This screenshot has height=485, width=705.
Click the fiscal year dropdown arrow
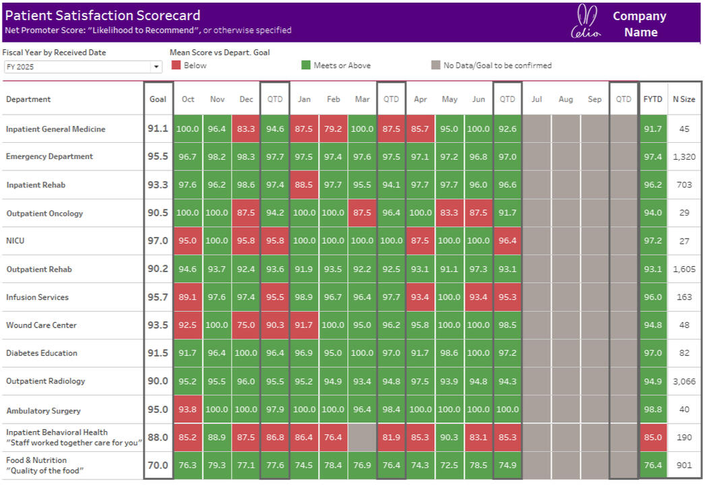tap(156, 67)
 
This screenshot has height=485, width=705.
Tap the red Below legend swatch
tap(176, 65)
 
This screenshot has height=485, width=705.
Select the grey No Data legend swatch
tap(436, 65)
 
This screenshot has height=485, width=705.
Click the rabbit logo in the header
tap(586, 22)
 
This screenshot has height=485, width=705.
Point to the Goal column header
tap(158, 99)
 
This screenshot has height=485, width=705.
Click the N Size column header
tap(684, 99)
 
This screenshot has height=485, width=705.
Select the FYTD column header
tap(652, 99)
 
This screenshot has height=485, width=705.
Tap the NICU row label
tap(16, 240)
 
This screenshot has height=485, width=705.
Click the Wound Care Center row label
tap(41, 325)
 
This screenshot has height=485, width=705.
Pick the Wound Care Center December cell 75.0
tap(246, 325)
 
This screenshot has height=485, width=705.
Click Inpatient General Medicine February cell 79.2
tap(333, 129)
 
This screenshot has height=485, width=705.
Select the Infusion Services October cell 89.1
tap(188, 297)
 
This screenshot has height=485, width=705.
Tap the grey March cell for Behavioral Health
tap(362, 437)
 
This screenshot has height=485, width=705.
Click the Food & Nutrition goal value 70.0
tap(158, 465)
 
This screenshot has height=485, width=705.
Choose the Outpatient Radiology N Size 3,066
tap(684, 381)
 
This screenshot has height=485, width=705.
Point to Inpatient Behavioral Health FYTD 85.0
tap(652, 437)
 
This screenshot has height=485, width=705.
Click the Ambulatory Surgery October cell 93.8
tap(188, 410)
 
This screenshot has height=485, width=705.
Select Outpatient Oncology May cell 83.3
tap(450, 213)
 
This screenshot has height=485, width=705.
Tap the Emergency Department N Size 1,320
tap(684, 156)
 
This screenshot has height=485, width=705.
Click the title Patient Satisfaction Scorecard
tap(102, 15)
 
